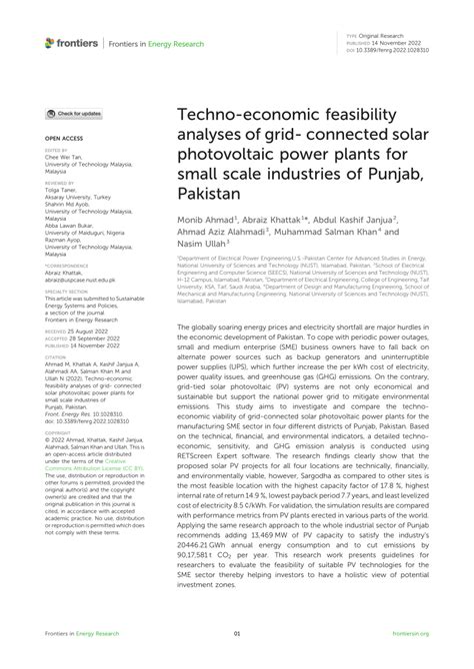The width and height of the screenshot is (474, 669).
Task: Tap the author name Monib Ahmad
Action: point(205,217)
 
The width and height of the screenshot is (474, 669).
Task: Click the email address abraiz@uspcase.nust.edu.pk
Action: point(84,282)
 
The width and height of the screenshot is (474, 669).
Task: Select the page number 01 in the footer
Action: point(237,633)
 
